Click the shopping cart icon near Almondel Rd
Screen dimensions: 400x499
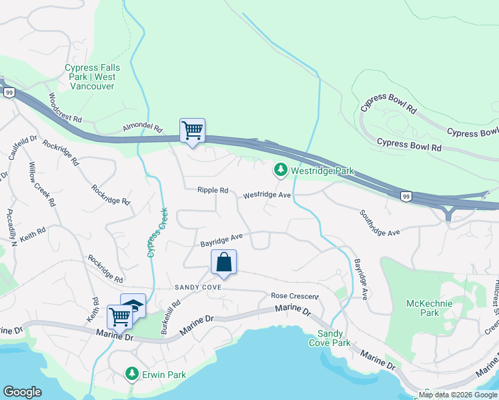click(x=192, y=129)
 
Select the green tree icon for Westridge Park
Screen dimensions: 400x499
click(x=281, y=171)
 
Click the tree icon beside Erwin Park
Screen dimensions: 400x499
click(x=132, y=375)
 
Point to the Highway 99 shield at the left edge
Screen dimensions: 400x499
click(x=9, y=93)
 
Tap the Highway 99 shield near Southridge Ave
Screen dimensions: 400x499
click(x=406, y=196)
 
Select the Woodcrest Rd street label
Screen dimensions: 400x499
click(x=65, y=107)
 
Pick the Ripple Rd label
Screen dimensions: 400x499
click(x=213, y=191)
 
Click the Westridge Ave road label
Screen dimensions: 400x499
click(x=267, y=195)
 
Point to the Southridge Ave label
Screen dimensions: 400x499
click(x=379, y=223)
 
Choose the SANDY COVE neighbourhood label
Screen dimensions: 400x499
click(x=197, y=287)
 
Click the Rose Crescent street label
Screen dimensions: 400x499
click(x=295, y=296)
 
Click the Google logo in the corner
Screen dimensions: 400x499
click(x=22, y=392)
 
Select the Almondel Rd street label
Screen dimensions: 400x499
click(x=142, y=127)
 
